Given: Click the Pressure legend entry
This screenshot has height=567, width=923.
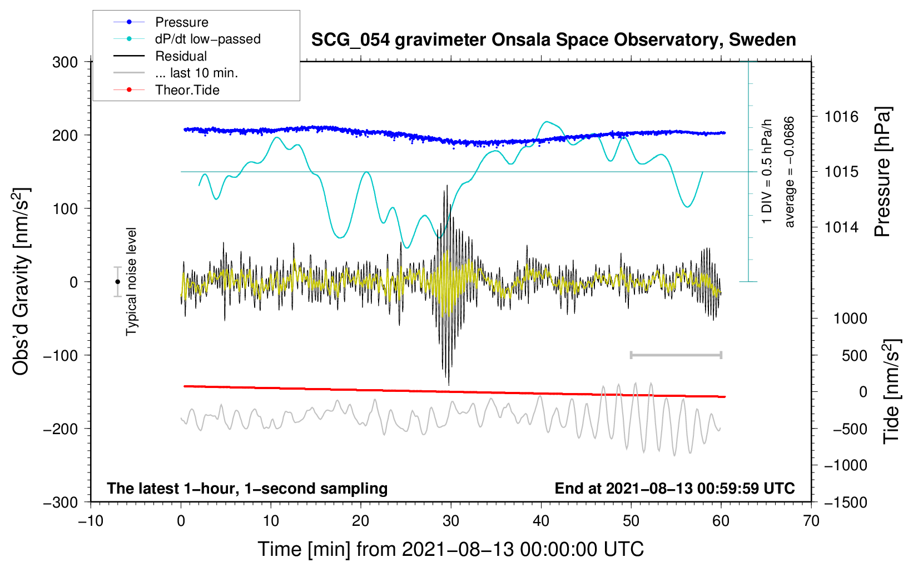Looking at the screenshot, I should coord(181,22).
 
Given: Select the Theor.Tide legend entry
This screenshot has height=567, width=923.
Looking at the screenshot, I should coord(187,90).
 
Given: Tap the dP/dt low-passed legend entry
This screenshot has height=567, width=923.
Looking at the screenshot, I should coord(207,39).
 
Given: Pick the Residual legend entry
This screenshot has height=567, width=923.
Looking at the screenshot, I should coord(181,56).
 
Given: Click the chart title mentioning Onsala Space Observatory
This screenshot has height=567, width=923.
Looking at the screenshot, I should coord(553,40).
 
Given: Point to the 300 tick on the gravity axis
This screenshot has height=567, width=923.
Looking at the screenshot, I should coord(65,62).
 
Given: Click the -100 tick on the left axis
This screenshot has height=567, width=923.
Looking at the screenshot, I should coord(61,355).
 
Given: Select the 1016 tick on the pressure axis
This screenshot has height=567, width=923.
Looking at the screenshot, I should coord(841,117).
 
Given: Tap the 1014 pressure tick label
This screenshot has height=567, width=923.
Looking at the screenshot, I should coord(841,227).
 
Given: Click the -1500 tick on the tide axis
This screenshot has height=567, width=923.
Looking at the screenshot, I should coord(845,503).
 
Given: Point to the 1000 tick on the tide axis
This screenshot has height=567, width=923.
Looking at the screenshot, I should coord(850,319).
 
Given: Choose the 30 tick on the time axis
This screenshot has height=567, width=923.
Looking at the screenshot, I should coord(451,521).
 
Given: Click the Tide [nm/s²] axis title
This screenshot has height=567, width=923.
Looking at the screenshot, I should coord(891,391).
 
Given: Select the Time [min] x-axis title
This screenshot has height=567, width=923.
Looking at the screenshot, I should coord(451,549).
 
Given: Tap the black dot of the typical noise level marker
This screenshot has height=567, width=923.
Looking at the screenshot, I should coord(118,282).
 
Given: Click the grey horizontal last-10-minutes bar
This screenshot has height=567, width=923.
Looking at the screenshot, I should coord(676,355).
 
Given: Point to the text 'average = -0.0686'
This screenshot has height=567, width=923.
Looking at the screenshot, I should coord(790,172).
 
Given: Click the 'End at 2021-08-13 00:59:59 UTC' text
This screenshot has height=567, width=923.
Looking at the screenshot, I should coord(674,488).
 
